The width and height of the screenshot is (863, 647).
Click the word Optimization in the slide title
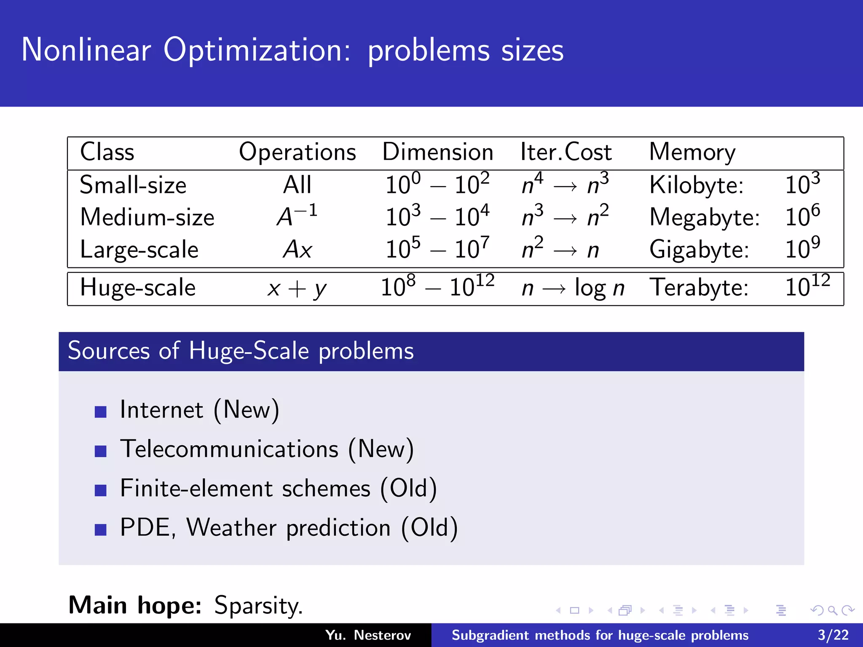(x=256, y=51)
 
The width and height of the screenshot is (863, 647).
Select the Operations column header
(x=297, y=152)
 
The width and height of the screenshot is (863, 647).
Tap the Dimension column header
(x=437, y=152)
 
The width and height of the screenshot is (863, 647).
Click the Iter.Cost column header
(x=566, y=152)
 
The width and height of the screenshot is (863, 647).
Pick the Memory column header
(x=692, y=152)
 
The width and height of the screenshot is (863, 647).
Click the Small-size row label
(x=133, y=185)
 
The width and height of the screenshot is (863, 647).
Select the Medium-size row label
(x=147, y=217)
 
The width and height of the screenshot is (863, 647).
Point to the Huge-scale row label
(x=138, y=288)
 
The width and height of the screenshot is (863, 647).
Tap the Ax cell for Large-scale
(x=297, y=249)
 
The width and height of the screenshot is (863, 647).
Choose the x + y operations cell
(x=297, y=289)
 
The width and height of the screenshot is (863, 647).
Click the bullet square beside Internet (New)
(x=101, y=412)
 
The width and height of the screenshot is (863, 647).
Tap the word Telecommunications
(x=229, y=449)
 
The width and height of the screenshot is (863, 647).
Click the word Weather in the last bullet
(x=231, y=527)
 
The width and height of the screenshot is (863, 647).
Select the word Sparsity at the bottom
(x=257, y=606)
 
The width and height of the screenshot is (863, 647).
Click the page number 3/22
(x=833, y=635)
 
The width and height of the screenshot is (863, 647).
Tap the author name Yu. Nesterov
(x=367, y=635)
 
